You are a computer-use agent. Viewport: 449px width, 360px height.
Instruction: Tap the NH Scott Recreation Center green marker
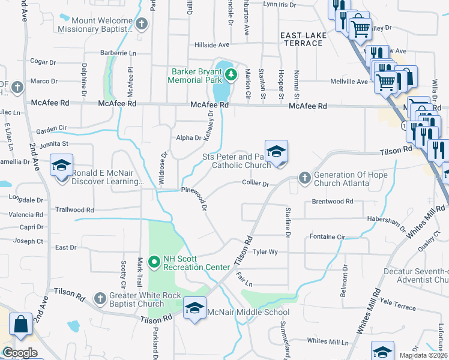click(x=154, y=261)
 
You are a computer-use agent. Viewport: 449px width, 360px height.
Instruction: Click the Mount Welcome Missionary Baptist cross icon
click(x=142, y=25)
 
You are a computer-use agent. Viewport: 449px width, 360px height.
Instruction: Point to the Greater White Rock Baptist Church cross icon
click(x=100, y=297)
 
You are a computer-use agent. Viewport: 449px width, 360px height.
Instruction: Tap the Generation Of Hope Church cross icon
click(x=304, y=178)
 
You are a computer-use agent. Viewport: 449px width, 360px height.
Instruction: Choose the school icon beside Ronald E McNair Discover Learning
click(x=61, y=165)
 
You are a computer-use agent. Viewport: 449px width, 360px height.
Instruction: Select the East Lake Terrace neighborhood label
click(x=304, y=39)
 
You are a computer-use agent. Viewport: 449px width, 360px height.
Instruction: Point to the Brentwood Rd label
click(x=333, y=202)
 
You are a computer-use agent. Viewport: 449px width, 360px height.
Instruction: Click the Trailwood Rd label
click(x=74, y=210)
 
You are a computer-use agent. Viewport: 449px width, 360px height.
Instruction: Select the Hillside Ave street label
click(x=212, y=45)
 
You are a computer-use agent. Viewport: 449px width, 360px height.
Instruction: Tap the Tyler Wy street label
click(x=265, y=252)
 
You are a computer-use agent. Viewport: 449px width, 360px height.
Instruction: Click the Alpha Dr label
click(x=188, y=138)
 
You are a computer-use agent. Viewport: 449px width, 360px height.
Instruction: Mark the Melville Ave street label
click(x=349, y=82)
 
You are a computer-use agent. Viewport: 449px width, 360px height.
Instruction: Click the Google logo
click(x=20, y=353)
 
